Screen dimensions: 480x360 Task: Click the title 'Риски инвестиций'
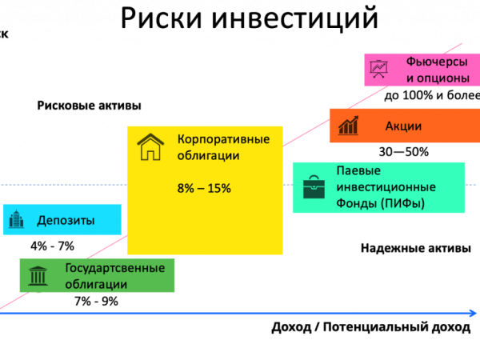(x=250, y=18)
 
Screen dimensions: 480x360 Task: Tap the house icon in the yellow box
(x=150, y=147)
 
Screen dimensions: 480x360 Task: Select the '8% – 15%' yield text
(x=204, y=188)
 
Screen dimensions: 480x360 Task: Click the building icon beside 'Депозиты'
(x=16, y=219)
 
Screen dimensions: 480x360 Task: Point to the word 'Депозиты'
(x=66, y=221)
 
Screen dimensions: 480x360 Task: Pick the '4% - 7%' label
(x=52, y=246)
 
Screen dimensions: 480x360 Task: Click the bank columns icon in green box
(x=38, y=276)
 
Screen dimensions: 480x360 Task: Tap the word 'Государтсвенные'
(x=115, y=268)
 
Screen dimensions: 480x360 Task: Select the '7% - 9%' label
(x=96, y=302)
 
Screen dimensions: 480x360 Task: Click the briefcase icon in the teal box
(x=314, y=187)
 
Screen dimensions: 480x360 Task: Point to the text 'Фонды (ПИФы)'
(x=380, y=203)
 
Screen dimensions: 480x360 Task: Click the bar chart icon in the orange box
(x=348, y=126)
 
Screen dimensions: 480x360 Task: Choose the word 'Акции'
(x=403, y=126)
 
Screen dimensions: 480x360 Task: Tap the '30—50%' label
(x=403, y=152)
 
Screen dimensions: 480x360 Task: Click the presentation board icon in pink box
(x=378, y=69)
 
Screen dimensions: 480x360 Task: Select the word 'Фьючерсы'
(x=437, y=62)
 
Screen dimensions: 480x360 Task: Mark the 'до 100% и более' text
(x=432, y=95)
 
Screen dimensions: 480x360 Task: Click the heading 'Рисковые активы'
(x=89, y=106)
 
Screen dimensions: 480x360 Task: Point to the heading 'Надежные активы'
(x=416, y=248)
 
